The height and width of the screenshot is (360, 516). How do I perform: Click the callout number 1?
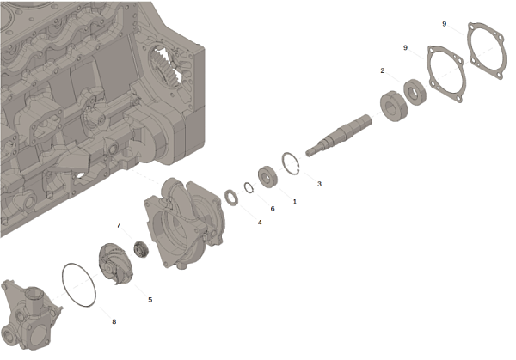tap(294, 202)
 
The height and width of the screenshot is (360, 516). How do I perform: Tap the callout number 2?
tap(383, 70)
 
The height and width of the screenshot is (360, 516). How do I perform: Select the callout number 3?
tap(319, 184)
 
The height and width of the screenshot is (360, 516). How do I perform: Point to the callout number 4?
tap(260, 223)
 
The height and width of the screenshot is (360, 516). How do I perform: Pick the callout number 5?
tap(150, 300)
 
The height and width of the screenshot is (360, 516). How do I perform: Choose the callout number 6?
tap(273, 209)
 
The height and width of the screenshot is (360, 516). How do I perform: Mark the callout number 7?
tap(119, 225)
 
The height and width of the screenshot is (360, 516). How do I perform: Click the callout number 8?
tap(114, 321)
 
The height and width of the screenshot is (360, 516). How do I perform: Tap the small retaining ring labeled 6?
tap(245, 187)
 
